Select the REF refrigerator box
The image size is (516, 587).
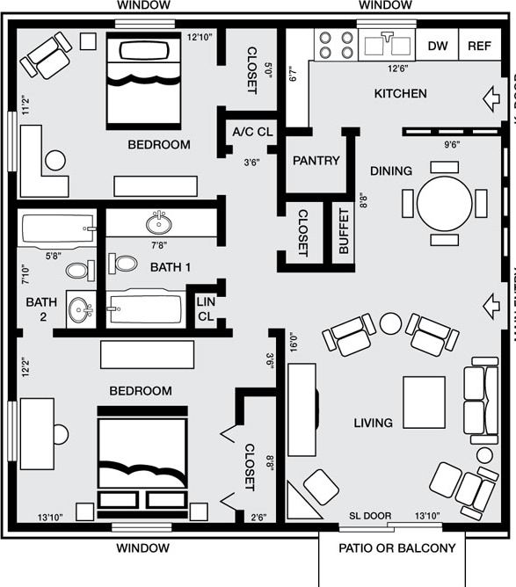(479, 47)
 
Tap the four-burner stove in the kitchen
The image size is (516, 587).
(335, 45)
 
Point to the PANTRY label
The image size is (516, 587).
(316, 161)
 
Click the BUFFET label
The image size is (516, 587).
(343, 232)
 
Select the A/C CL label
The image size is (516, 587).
(253, 133)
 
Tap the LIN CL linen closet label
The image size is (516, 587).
(205, 308)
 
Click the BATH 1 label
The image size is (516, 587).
(170, 266)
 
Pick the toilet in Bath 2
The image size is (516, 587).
(79, 270)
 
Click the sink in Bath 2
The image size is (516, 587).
(82, 309)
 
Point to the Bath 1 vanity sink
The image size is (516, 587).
(159, 221)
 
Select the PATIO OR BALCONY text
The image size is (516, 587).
(397, 548)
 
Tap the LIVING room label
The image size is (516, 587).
(373, 423)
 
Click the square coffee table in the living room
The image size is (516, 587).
(424, 402)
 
